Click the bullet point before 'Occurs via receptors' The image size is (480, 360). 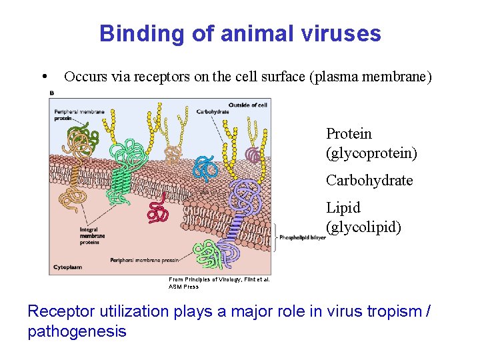tap(43, 77)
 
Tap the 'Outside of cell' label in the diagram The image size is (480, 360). tap(248, 105)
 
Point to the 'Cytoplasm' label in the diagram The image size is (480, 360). tap(65, 267)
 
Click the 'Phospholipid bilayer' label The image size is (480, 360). tap(302, 237)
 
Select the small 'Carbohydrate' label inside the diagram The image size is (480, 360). tap(213, 111)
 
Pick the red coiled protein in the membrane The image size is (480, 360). tap(158, 212)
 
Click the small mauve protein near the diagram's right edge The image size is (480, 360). tap(253, 155)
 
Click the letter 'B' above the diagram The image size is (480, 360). tap(52, 93)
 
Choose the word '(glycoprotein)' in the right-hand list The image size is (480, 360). tap(371, 153)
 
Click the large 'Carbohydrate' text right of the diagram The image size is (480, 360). tap(369, 181)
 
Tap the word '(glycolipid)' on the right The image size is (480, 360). tap(363, 227)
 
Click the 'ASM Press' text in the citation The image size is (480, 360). tap(183, 287)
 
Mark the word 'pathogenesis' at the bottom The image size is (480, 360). tap(77, 331)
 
